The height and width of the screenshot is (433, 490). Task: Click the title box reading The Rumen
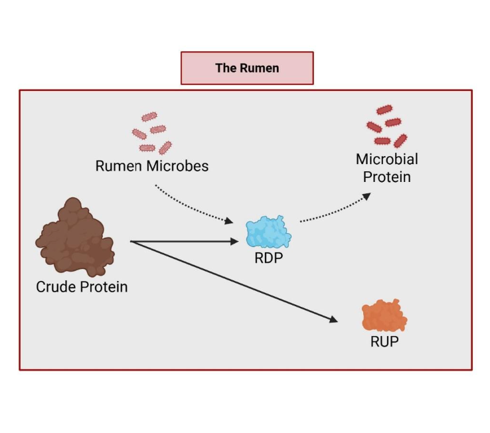point(247,68)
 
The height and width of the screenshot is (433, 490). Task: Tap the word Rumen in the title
point(262,68)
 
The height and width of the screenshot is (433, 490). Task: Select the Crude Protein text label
point(82,288)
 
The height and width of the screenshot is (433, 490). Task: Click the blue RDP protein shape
point(268,232)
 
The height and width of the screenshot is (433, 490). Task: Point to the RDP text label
point(269,258)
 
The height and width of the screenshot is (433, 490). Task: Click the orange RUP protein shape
point(384,316)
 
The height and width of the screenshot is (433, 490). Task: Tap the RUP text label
point(385,342)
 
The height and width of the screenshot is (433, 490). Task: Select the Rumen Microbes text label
point(152,166)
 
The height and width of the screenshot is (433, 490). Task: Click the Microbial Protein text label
point(387,168)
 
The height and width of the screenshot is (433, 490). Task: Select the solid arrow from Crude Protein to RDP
point(186,242)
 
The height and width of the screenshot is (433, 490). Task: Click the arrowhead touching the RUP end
point(333,319)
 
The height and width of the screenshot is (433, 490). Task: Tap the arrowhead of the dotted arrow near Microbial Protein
point(367,197)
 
